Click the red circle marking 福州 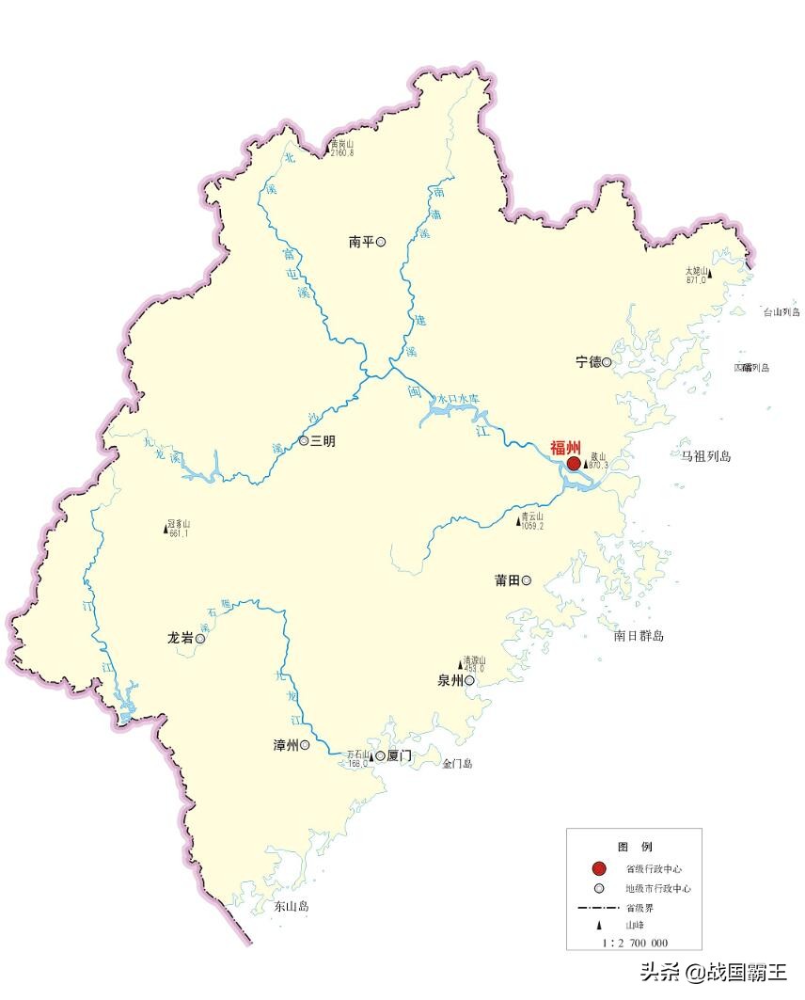tap(574, 464)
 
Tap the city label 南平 tap(361, 243)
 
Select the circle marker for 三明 tap(304, 440)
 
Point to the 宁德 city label tap(588, 362)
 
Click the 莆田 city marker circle tap(527, 580)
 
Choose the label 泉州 tap(450, 681)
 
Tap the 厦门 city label tap(400, 755)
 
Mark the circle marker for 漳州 tap(305, 745)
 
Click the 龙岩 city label tap(180, 639)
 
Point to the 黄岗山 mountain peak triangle tap(328, 147)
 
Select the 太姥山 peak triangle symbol tap(710, 275)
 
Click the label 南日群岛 tap(639, 636)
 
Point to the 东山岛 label tap(292, 907)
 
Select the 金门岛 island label tap(458, 764)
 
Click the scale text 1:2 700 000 tap(635, 943)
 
